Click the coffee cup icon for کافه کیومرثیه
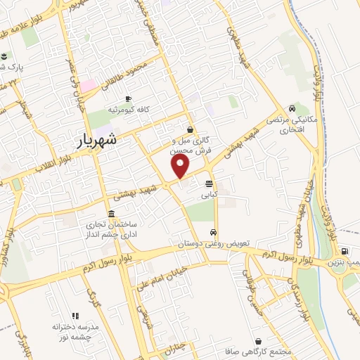click(127, 98)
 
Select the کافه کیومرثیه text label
click(127, 110)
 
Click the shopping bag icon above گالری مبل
click(191, 129)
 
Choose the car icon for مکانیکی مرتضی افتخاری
click(291, 109)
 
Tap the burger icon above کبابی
click(210, 182)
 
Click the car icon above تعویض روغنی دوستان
click(213, 231)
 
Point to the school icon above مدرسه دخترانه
click(75, 316)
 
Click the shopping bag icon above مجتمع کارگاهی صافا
click(259, 340)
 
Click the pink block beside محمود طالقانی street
click(87, 85)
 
